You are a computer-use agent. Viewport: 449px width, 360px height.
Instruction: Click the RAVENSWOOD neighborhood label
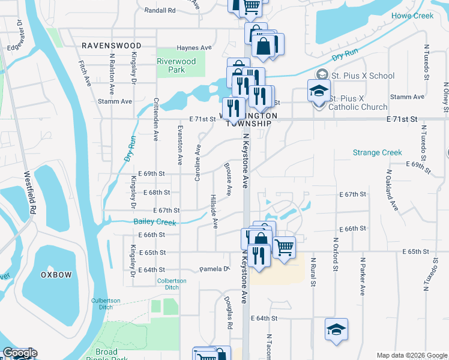pos(112,46)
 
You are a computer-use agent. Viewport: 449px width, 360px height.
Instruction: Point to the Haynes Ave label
pos(194,48)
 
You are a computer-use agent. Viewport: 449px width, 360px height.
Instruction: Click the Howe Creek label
pos(412,16)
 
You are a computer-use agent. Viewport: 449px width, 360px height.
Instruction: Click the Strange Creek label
pos(377,152)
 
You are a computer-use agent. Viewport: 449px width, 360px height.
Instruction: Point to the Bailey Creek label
pos(155,223)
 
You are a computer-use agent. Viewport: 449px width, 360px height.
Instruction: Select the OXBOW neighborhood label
pos(56,274)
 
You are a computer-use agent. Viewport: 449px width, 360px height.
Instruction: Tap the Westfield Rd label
pos(29,194)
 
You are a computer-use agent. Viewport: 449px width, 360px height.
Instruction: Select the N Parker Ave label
pos(363,277)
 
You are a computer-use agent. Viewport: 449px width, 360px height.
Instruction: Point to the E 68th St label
pos(157,192)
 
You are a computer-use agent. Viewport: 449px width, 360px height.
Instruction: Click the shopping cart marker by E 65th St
pos(284,245)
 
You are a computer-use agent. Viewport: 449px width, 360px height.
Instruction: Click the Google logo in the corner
pos(19,353)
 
